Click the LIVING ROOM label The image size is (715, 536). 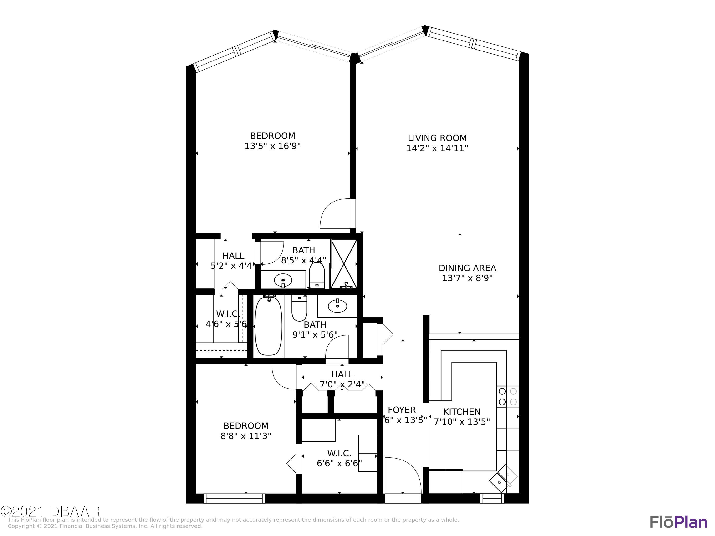pos(437,138)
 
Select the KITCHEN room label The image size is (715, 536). pos(462,412)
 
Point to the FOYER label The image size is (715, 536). pos(401,410)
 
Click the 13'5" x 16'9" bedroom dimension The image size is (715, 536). pos(272,146)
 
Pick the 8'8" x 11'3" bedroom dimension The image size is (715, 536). pos(246,436)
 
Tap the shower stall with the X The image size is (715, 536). pos(344,264)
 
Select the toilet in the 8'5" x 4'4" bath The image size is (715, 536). pos(317,275)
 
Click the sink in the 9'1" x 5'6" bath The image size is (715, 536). pos(337,306)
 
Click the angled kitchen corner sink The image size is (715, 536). pos(503,479)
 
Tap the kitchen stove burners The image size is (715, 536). pos(507,396)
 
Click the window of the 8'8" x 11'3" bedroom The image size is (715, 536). pos(234,499)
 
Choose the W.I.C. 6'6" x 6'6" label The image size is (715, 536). pos(339,458)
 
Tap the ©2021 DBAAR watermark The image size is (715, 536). pos(50,511)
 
